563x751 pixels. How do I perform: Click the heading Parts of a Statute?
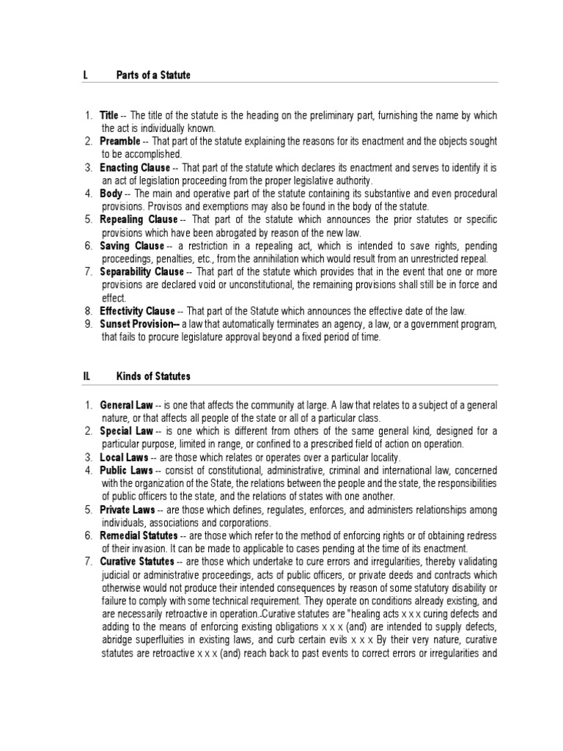click(x=153, y=76)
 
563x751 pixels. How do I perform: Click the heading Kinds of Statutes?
click(x=153, y=376)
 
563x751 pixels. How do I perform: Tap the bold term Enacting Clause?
click(x=136, y=168)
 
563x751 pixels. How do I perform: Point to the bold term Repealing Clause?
click(x=139, y=219)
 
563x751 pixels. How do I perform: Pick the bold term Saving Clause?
click(x=132, y=246)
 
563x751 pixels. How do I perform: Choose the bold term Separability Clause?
click(x=141, y=272)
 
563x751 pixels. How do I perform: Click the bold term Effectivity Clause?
click(x=137, y=311)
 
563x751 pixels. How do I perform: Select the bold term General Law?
click(x=126, y=405)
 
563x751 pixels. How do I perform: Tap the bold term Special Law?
click(x=126, y=431)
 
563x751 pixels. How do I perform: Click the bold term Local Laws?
click(x=124, y=458)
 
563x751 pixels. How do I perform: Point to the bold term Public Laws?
click(x=125, y=470)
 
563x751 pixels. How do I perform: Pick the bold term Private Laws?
click(x=127, y=510)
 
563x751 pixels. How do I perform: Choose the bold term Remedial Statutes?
click(x=139, y=536)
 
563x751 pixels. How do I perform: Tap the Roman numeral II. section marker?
click(x=87, y=376)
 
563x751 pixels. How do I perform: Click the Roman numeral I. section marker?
click(x=86, y=76)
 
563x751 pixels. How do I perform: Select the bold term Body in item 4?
click(x=111, y=194)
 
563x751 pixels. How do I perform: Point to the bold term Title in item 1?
click(x=109, y=115)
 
